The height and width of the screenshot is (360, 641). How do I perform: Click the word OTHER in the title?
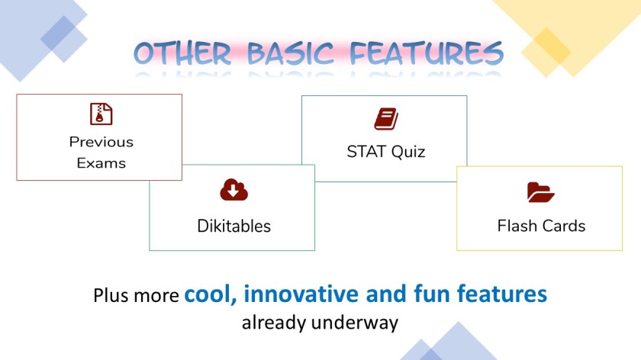click(x=182, y=53)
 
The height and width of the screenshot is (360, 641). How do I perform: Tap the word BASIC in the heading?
click(x=291, y=53)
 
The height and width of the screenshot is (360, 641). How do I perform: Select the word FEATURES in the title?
click(x=427, y=53)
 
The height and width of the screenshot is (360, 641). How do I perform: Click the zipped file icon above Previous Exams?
click(x=101, y=114)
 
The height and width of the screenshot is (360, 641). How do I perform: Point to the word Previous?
click(x=101, y=142)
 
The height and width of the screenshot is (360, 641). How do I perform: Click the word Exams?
click(x=101, y=163)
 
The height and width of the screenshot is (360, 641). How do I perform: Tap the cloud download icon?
click(x=234, y=190)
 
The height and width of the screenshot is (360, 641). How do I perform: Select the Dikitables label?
click(x=234, y=226)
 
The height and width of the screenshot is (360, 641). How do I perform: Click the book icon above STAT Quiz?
click(x=386, y=119)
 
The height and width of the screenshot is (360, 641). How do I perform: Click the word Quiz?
click(x=408, y=152)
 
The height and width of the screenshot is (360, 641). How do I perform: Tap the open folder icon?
click(x=541, y=192)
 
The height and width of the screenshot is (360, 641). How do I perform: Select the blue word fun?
click(x=432, y=294)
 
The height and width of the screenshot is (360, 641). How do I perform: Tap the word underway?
click(x=355, y=323)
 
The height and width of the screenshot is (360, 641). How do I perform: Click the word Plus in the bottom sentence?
click(x=111, y=295)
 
